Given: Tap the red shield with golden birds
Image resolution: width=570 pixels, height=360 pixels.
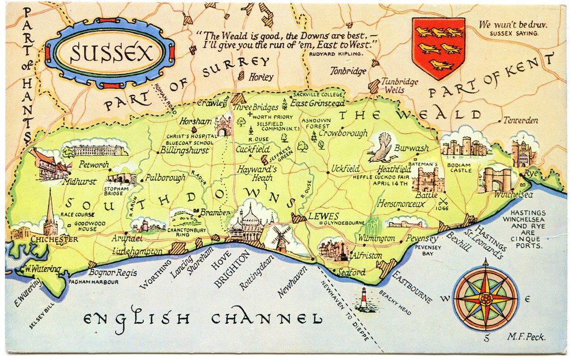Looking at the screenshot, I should click(x=438, y=47).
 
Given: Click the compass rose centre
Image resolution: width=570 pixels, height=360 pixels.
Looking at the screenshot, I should click(x=485, y=299).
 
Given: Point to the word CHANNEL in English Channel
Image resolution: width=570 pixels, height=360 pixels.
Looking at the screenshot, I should click(x=267, y=319).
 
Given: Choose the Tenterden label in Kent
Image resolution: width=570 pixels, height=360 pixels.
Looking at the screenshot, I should click(x=520, y=120).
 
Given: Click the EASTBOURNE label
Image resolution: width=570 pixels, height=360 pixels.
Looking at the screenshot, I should click(x=412, y=287).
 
